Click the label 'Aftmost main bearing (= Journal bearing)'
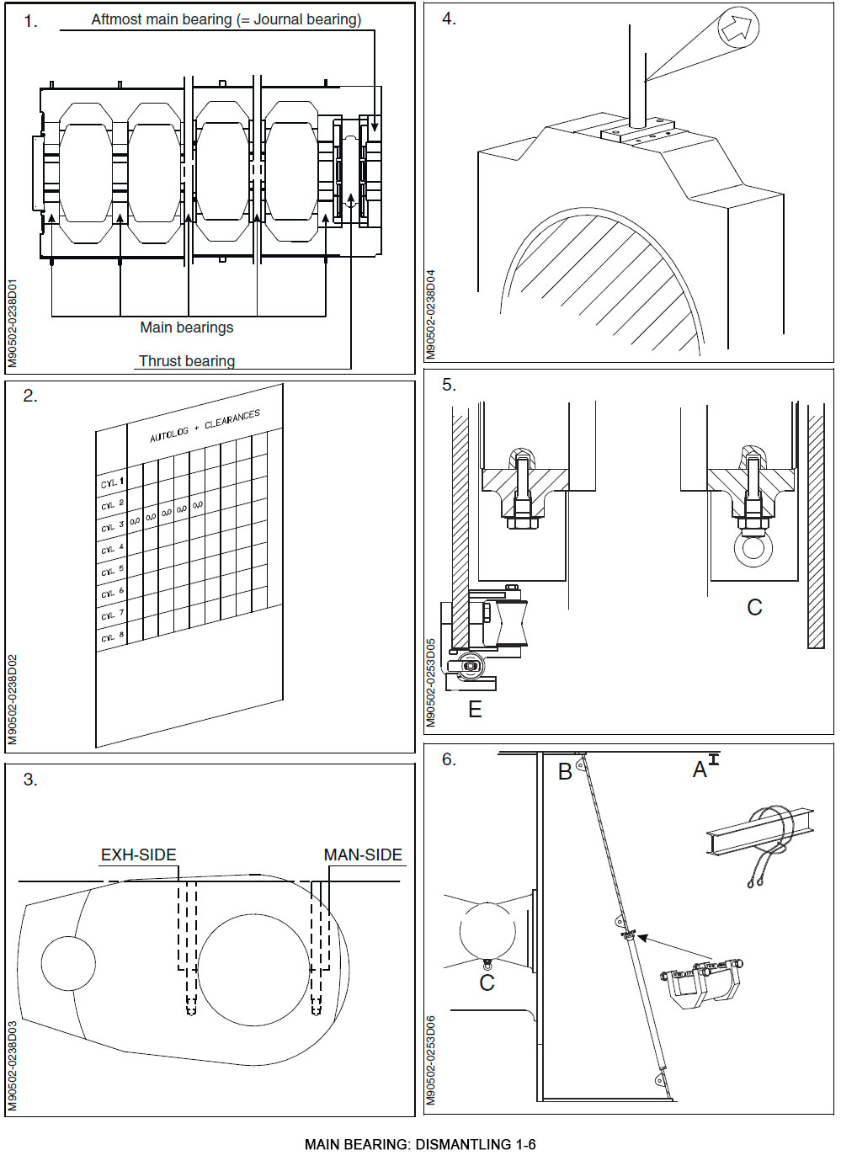click(226, 19)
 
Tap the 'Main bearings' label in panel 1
click(186, 327)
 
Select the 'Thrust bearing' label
click(186, 361)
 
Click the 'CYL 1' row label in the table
click(112, 483)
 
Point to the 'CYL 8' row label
click(112, 637)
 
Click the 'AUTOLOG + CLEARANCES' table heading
click(205, 426)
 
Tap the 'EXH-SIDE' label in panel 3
click(138, 855)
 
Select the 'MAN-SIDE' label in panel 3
click(363, 855)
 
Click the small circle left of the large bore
click(68, 963)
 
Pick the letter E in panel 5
click(475, 710)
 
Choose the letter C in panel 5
click(754, 608)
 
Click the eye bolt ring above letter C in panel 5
click(753, 548)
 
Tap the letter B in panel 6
click(565, 772)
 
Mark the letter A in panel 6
click(700, 770)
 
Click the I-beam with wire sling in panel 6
click(759, 834)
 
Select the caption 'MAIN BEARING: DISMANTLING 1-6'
click(420, 1145)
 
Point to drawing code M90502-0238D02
click(13, 700)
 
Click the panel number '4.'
click(449, 19)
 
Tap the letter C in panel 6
click(487, 983)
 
